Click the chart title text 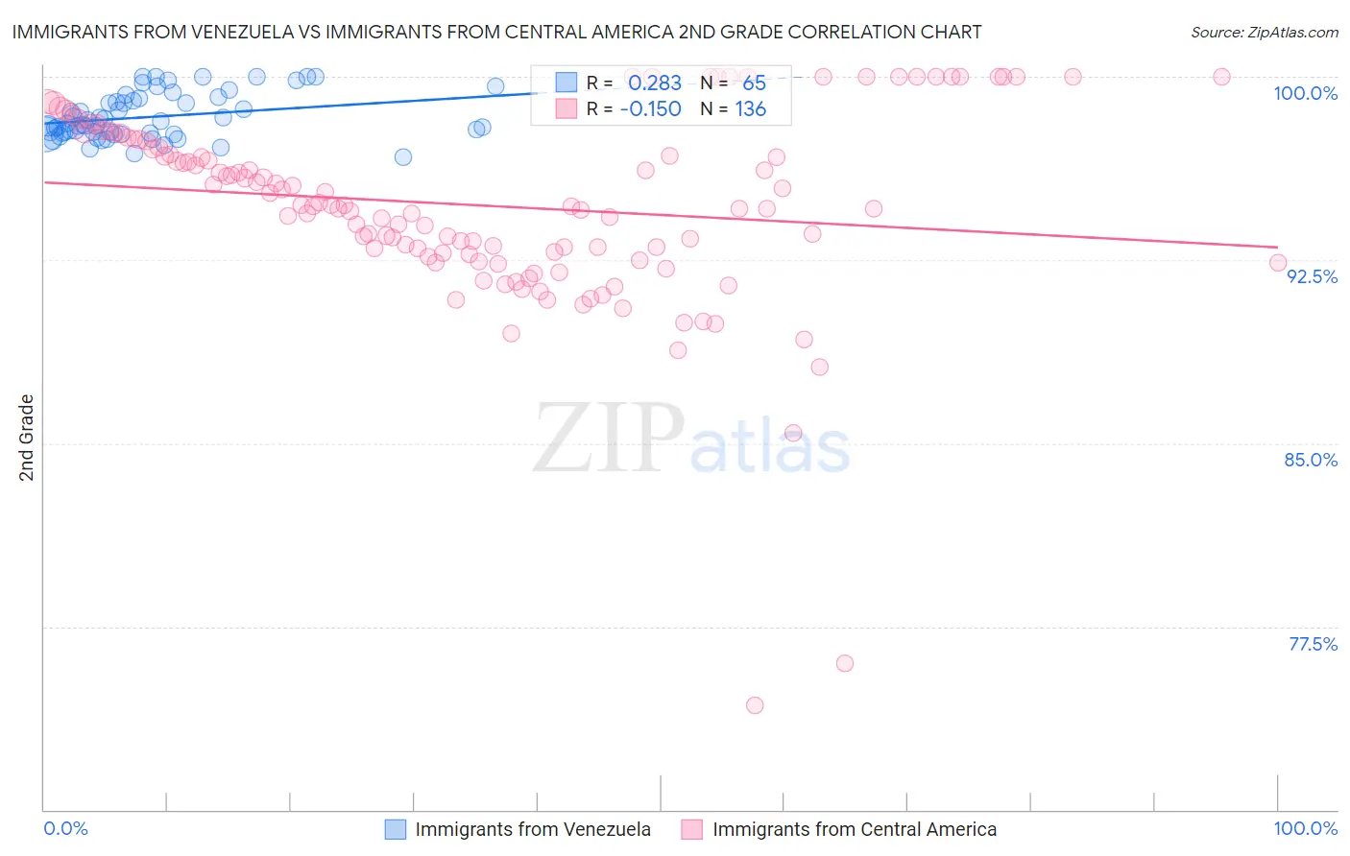495,32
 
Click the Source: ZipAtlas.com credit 1264,32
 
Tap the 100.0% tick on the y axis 1305,93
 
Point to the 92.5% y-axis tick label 1312,276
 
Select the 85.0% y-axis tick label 1311,460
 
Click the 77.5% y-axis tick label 1313,644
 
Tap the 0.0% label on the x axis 66,828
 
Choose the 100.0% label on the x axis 1305,828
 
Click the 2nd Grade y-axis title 27,438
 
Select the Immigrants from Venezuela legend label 533,829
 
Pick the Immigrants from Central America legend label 855,829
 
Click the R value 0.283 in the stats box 655,83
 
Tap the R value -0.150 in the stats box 650,109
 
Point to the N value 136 751,109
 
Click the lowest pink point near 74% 755,705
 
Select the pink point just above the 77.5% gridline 845,663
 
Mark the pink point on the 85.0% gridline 793,433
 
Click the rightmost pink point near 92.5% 1277,263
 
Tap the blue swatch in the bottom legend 396,829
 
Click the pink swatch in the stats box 567,108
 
